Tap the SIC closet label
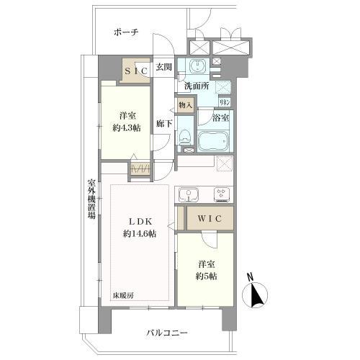click(137, 71)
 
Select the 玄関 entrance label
click(164, 68)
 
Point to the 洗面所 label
click(196, 86)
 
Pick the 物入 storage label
click(186, 105)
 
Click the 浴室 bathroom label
click(220, 117)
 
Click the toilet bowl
click(185, 135)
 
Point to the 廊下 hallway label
click(164, 123)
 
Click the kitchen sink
click(189, 194)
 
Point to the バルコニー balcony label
click(166, 333)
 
